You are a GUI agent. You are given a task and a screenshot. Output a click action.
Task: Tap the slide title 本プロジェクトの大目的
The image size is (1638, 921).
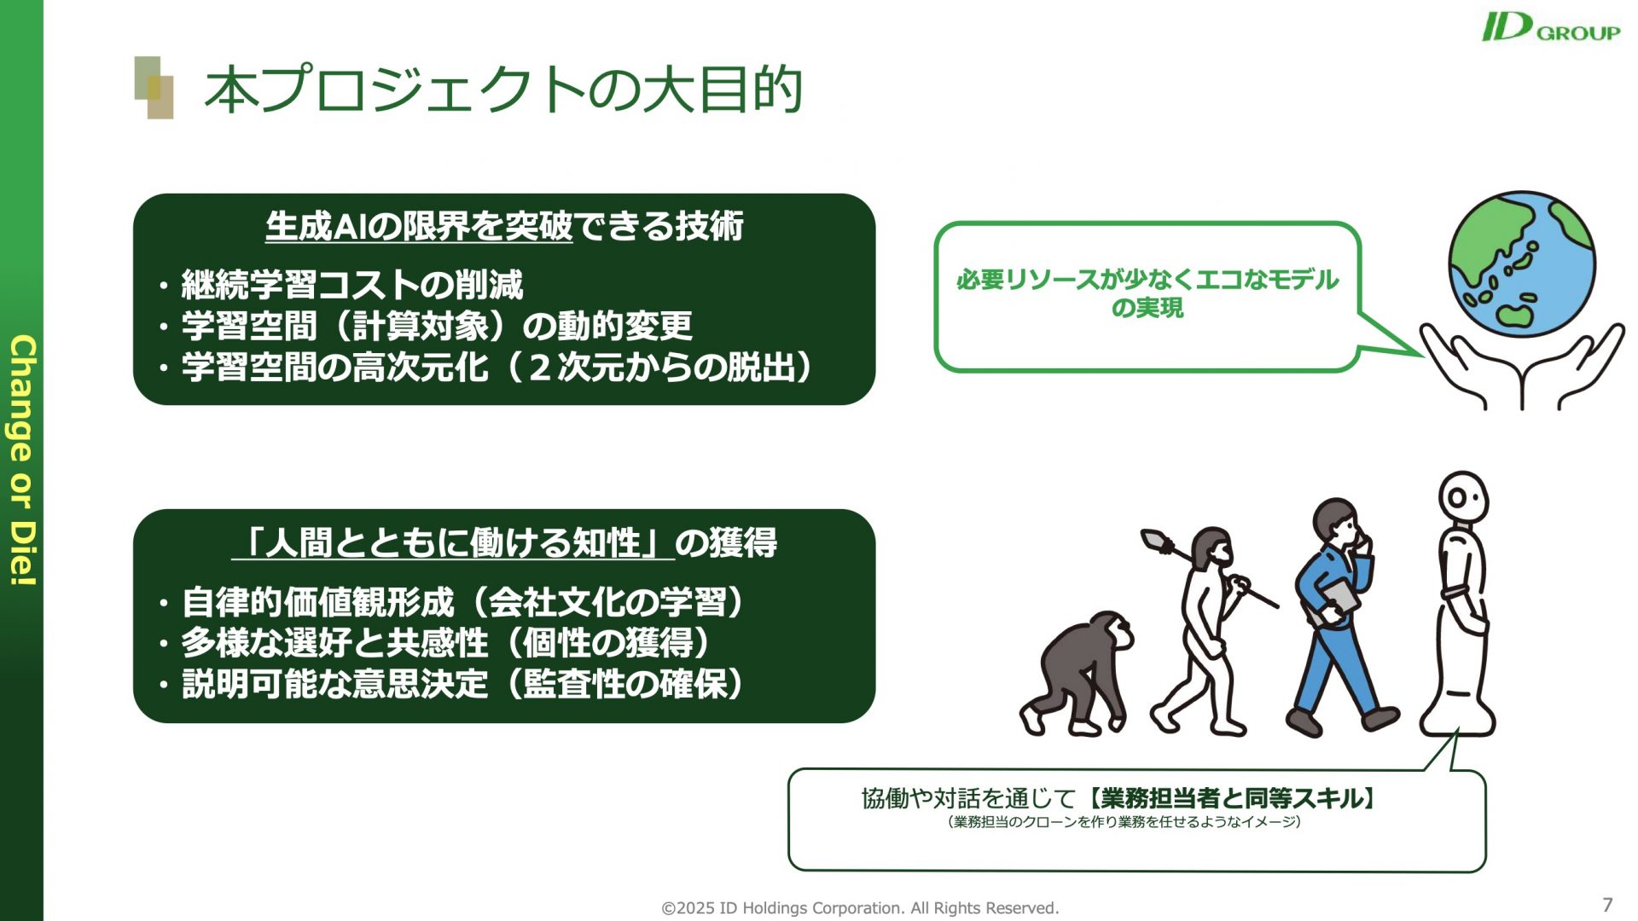coord(503,90)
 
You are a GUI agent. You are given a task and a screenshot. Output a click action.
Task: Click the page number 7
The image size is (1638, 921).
coord(1607,905)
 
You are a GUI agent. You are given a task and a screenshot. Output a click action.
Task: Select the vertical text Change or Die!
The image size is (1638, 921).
coord(23,460)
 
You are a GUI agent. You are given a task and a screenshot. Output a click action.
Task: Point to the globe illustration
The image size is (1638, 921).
coord(1521,264)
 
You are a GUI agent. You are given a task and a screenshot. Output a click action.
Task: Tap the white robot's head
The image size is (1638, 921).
coord(1463,499)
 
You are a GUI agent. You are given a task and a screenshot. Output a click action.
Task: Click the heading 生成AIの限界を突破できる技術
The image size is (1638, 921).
coord(504,226)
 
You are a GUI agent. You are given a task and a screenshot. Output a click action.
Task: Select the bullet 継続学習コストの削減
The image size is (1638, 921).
coord(351,285)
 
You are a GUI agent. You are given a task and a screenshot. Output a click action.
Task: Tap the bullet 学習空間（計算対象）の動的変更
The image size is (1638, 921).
coord(437,326)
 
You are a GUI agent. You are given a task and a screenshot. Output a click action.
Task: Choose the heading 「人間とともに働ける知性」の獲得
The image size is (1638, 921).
coord(504,542)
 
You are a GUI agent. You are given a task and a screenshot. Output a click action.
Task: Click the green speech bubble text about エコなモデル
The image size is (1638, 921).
coord(1147,293)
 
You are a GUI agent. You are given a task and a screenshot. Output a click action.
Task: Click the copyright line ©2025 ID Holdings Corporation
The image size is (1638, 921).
coord(860,908)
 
